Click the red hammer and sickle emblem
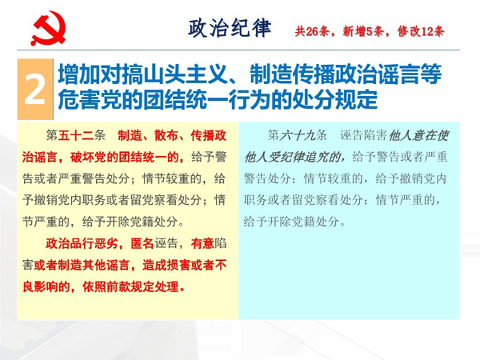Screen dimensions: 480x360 click(48, 28)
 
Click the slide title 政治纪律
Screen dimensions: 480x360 click(230, 28)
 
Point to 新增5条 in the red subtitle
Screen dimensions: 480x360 click(363, 31)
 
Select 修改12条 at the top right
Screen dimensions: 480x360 click(421, 31)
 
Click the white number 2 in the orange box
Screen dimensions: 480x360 click(35, 90)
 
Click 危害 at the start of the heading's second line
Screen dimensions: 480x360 click(79, 99)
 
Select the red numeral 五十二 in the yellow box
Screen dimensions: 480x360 click(76, 135)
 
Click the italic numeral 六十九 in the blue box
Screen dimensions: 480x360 click(298, 135)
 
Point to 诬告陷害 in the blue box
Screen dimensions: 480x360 click(363, 135)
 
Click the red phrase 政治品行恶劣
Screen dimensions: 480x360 click(82, 243)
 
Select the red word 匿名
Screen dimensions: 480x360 click(142, 243)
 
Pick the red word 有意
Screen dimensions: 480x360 click(202, 243)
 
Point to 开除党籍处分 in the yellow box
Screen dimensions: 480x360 click(142, 222)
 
